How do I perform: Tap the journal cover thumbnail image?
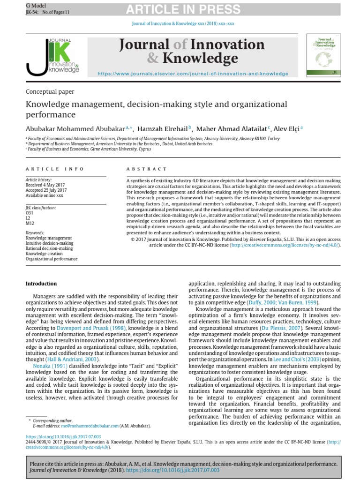(x=323, y=55)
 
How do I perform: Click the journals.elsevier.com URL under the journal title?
(x=193, y=74)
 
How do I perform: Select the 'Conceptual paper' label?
(x=50, y=92)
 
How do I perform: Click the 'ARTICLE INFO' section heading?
(x=55, y=169)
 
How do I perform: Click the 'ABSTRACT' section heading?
(x=147, y=169)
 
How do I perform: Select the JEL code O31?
(x=30, y=212)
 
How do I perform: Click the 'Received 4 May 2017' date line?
(x=46, y=185)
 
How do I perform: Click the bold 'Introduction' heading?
(x=41, y=284)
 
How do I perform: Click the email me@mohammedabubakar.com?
(x=89, y=426)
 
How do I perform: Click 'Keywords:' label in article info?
(x=36, y=232)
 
